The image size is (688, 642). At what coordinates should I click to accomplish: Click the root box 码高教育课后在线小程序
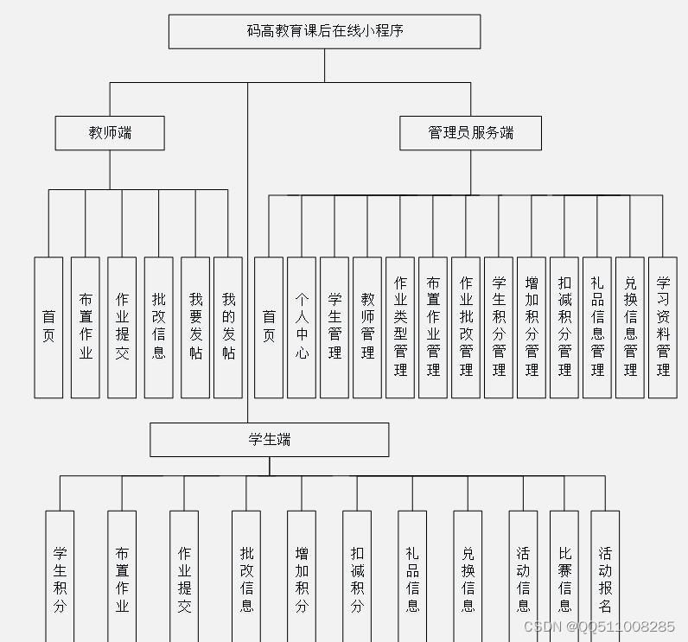324,31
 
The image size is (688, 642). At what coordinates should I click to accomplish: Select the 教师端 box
110,133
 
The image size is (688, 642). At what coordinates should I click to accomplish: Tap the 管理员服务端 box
470,133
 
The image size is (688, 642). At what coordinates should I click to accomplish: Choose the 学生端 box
269,439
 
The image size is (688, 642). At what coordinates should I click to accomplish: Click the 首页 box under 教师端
48,327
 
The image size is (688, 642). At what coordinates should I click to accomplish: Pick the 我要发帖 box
195,327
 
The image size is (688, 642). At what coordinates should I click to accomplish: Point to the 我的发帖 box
228,327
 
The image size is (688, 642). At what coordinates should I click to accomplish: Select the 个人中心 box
302,327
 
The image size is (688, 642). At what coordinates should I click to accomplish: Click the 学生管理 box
334,327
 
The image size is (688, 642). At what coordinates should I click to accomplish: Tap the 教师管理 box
367,327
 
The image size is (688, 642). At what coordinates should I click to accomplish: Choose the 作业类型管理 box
400,327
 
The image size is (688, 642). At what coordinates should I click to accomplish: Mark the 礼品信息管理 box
597,327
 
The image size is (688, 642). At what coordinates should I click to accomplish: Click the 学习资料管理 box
663,327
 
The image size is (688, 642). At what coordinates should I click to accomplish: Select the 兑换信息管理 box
630,327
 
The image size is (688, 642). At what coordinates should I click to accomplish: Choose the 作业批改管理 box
466,327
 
